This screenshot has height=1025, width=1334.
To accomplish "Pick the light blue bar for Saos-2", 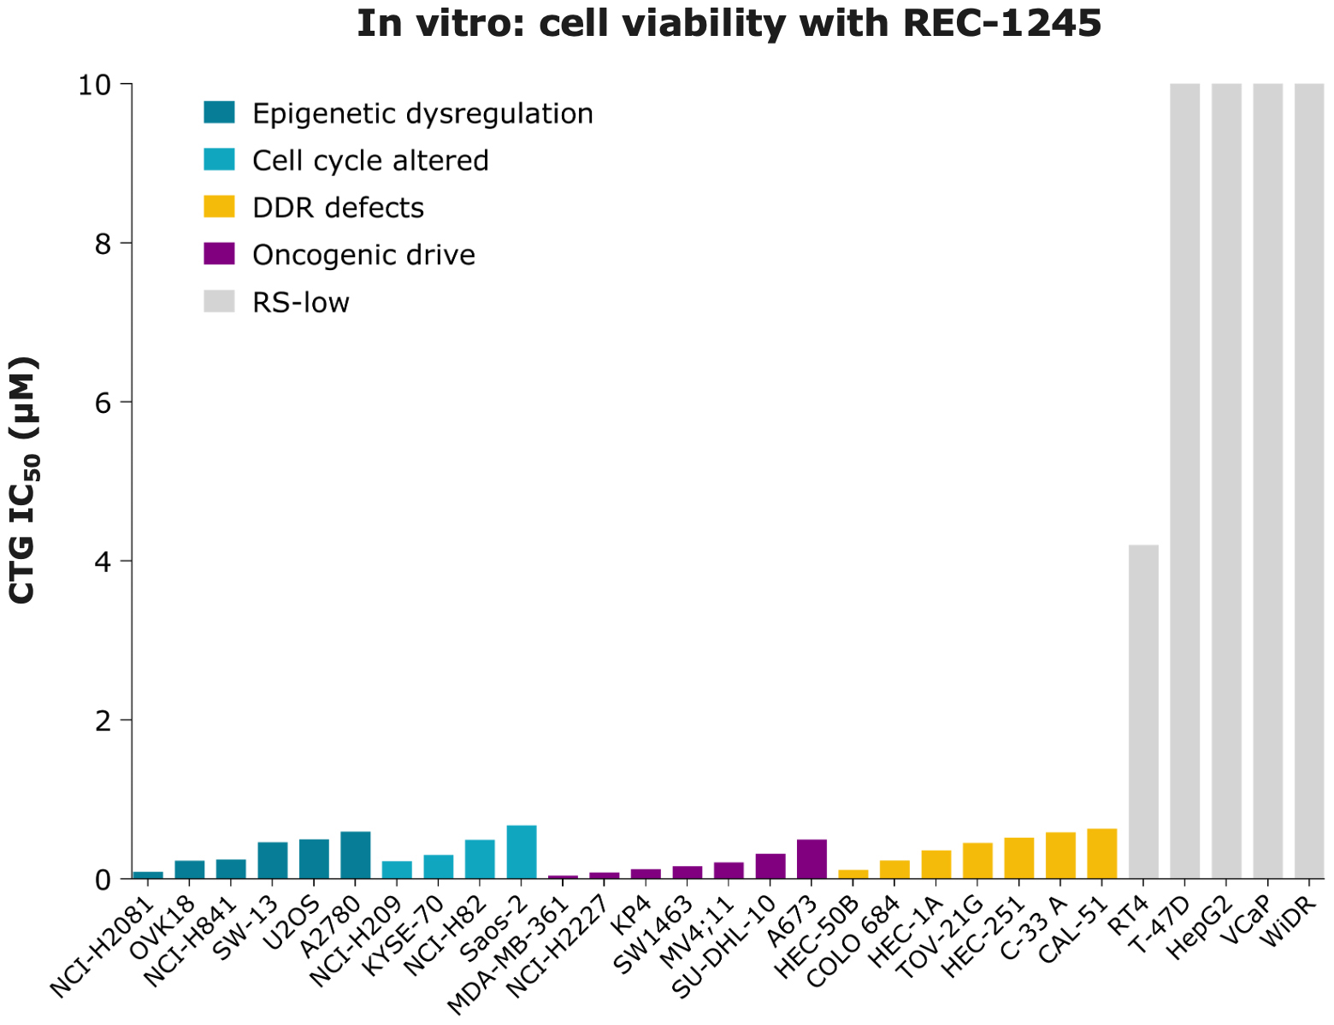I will pyautogui.click(x=522, y=851).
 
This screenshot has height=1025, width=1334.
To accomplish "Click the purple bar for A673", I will pyautogui.click(x=812, y=859).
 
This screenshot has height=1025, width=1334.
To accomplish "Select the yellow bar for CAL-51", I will pyautogui.click(x=1101, y=853).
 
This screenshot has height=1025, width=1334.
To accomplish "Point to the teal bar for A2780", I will pyautogui.click(x=356, y=855).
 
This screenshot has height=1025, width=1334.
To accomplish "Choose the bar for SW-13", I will pyautogui.click(x=273, y=860).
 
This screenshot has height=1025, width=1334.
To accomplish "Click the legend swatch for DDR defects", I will pyautogui.click(x=219, y=208).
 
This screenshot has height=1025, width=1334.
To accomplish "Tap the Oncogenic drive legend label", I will pyautogui.click(x=363, y=255).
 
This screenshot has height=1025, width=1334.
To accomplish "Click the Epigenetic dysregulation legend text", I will pyautogui.click(x=422, y=114).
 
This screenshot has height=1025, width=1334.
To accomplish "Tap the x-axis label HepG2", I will pyautogui.click(x=1201, y=928).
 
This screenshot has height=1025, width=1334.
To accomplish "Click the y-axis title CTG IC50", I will pyautogui.click(x=24, y=480).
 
